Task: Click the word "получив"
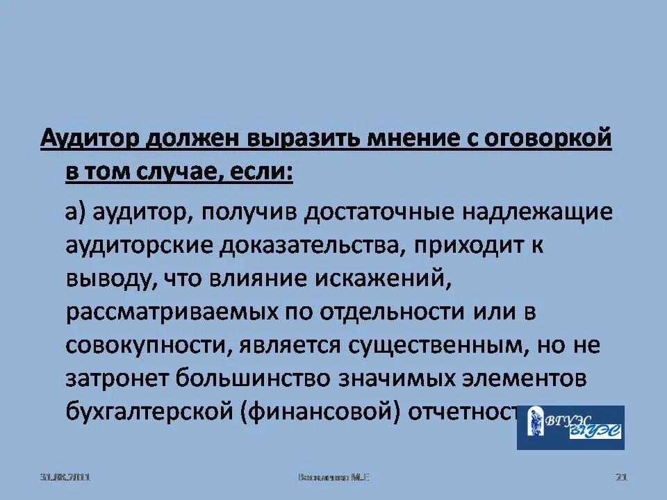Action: tap(247, 212)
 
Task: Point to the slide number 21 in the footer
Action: tap(622, 477)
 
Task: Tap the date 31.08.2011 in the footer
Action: tap(66, 477)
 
